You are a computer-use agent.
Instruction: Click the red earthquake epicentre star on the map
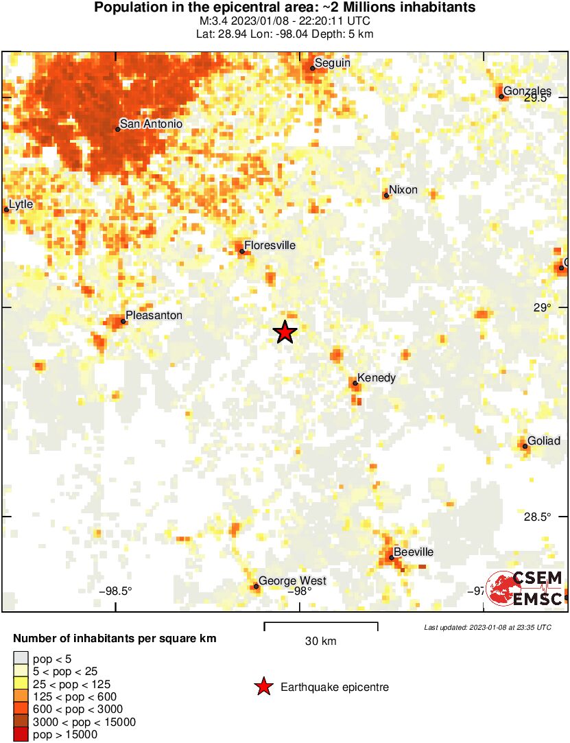(285, 332)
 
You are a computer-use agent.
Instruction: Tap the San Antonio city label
(151, 124)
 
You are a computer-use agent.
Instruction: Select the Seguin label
(333, 62)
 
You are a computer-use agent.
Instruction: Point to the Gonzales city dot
(501, 97)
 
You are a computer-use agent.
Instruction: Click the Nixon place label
(403, 189)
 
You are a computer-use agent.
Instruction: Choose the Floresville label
(270, 245)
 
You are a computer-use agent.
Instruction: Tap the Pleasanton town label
(154, 315)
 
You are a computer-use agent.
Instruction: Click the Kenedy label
(377, 378)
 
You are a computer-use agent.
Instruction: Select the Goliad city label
(544, 440)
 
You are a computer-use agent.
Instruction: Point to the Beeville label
(414, 552)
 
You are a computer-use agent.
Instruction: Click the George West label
(292, 580)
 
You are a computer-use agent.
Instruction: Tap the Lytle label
(21, 204)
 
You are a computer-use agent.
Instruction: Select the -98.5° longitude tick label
(115, 591)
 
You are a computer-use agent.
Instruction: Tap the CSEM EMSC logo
(524, 589)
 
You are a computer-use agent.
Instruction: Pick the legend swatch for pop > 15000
(21, 735)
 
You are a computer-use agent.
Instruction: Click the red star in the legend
(263, 687)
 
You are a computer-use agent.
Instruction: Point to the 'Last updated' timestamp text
(487, 627)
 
